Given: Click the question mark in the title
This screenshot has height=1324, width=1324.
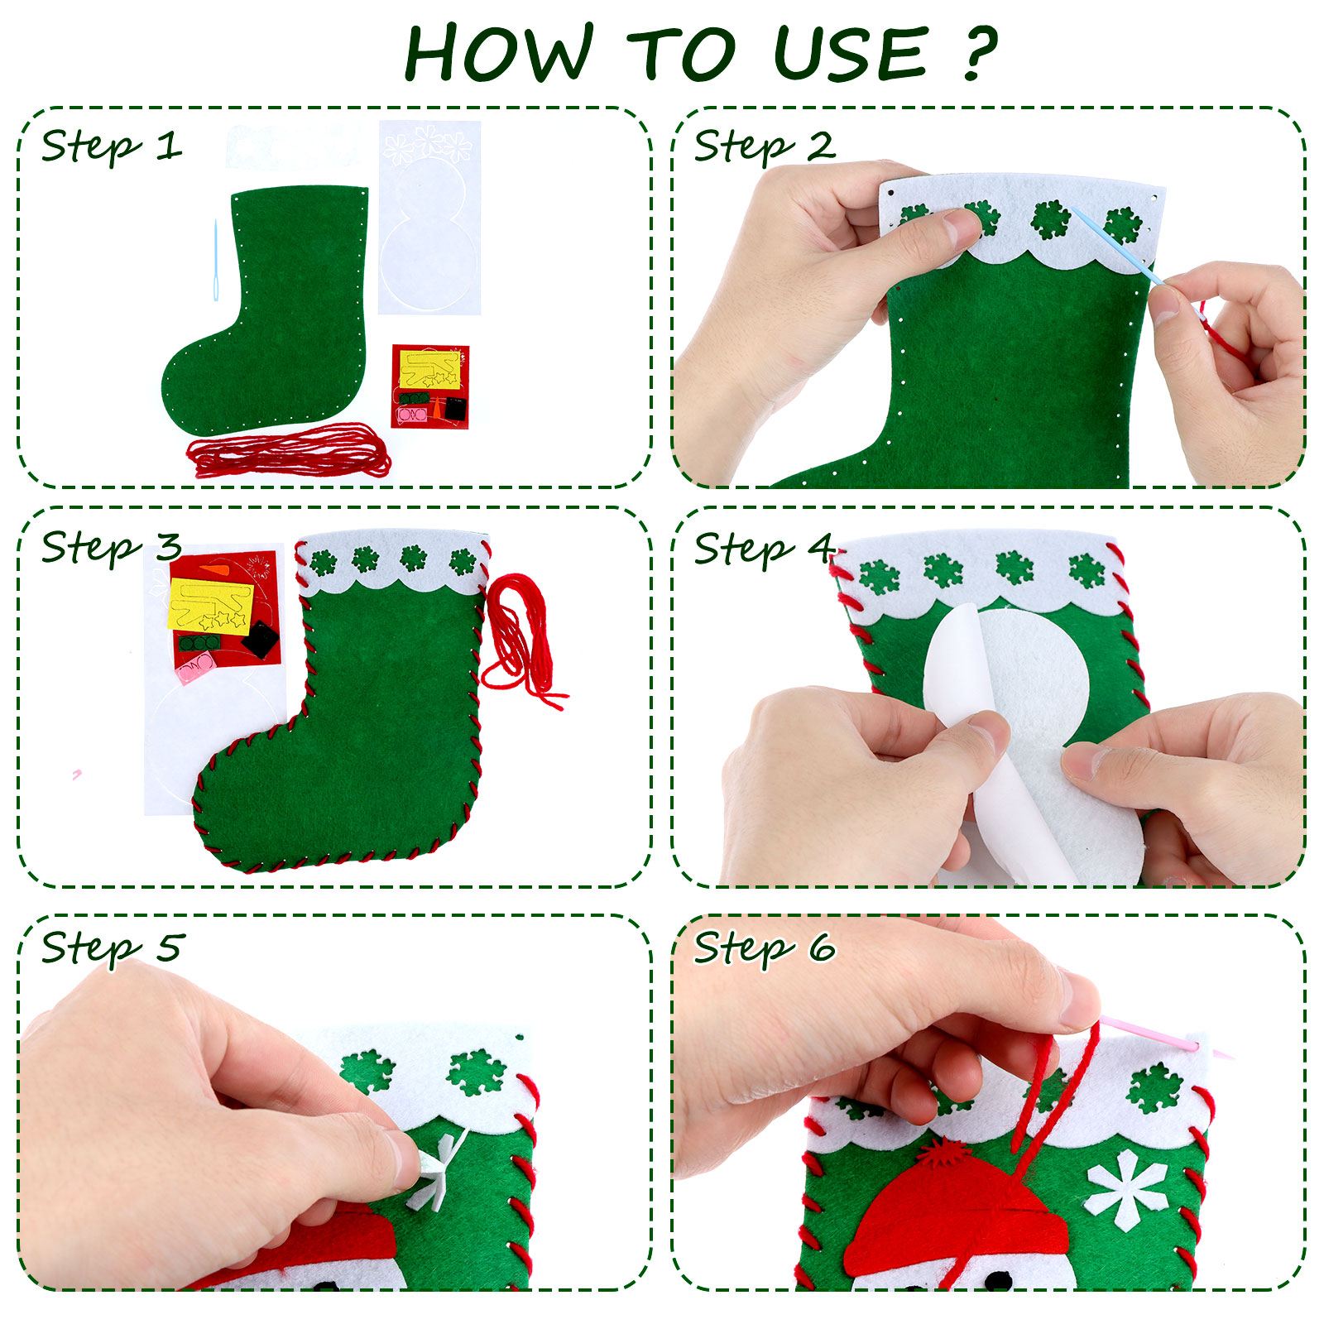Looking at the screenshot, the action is pyautogui.click(x=981, y=54).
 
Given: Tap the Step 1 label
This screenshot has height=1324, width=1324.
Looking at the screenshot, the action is pyautogui.click(x=111, y=147).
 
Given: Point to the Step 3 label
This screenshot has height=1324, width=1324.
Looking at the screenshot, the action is pyautogui.click(x=111, y=548).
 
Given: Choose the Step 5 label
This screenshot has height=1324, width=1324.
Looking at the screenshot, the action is pyautogui.click(x=111, y=947).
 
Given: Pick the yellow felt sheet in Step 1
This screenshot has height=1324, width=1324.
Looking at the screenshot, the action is pyautogui.click(x=429, y=369).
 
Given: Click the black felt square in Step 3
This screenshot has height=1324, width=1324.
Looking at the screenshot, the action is pyautogui.click(x=260, y=640).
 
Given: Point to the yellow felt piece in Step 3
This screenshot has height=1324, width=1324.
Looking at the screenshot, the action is pyautogui.click(x=210, y=607).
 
